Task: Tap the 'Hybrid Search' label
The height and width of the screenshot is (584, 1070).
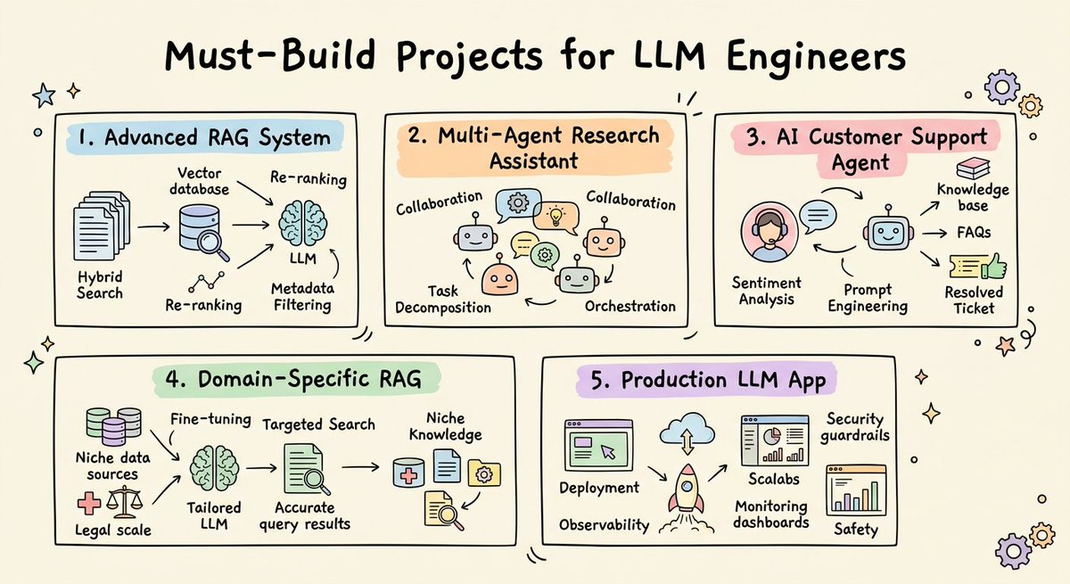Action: [100, 285]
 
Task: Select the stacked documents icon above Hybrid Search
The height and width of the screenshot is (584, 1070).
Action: [102, 226]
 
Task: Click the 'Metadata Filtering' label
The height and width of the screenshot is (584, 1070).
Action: [302, 297]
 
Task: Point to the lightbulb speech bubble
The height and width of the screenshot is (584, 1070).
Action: [556, 218]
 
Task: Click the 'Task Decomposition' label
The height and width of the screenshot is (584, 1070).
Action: [443, 299]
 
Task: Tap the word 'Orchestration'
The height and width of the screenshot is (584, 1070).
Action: [630, 306]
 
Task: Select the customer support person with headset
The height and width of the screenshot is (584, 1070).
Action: [769, 232]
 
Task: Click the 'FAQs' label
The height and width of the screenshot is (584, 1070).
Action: [974, 233]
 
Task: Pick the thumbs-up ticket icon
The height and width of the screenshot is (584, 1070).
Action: [978, 266]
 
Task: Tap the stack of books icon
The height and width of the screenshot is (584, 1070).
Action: [973, 169]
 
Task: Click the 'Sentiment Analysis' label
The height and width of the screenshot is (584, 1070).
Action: [766, 291]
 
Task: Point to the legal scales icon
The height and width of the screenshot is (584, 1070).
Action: [124, 502]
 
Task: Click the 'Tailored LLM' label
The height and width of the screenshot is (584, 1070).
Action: [213, 515]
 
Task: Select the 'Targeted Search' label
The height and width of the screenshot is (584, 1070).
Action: [318, 424]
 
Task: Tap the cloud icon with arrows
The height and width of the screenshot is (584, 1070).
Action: [687, 433]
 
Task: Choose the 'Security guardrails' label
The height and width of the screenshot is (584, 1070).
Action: [854, 427]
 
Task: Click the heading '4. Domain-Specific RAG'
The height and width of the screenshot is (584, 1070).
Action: [293, 380]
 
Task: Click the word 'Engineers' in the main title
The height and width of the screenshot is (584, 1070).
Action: [815, 56]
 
